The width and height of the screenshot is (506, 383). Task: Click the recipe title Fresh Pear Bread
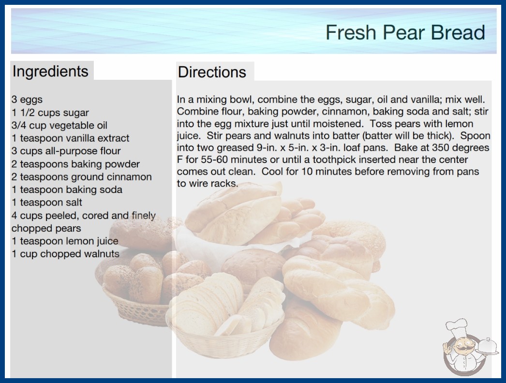[x=405, y=32]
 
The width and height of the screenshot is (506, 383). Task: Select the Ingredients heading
[x=50, y=72]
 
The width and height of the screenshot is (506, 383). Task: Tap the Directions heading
[x=212, y=72]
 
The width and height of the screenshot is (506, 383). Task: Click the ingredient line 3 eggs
[x=27, y=100]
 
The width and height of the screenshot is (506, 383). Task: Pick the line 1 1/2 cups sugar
[x=50, y=113]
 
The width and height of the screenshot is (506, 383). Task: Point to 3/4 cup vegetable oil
[x=60, y=125]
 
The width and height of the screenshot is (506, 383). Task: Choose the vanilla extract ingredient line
[x=70, y=138]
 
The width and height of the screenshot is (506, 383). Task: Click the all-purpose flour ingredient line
[x=66, y=151]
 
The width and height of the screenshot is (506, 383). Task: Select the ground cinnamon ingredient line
[x=82, y=177]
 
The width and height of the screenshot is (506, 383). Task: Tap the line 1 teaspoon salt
[x=47, y=202]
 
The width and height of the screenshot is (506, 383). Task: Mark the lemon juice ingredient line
[x=65, y=241]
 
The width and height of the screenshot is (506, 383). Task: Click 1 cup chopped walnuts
[x=65, y=254]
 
